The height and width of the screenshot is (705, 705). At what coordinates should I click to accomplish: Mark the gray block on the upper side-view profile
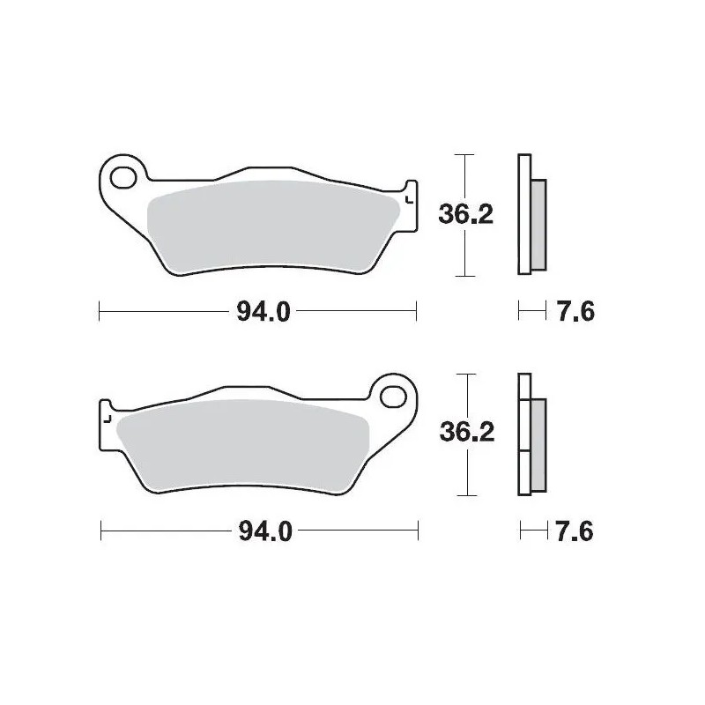[538, 225]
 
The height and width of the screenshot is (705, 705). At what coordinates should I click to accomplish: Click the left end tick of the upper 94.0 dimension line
[99, 310]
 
